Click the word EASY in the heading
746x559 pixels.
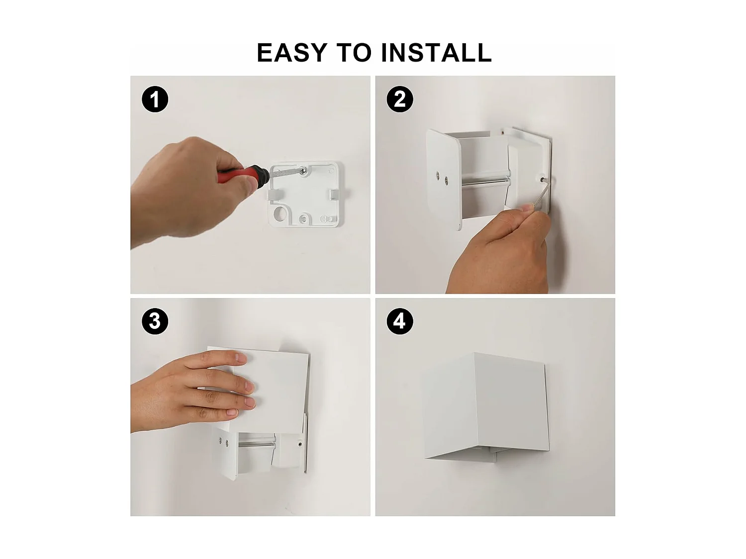tap(292, 53)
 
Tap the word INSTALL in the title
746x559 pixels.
tap(436, 53)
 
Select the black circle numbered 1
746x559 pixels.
tap(155, 99)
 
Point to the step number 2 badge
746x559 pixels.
tap(399, 99)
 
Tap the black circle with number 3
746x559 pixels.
tap(155, 321)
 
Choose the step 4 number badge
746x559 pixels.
tap(399, 321)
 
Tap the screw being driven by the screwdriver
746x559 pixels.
tap(303, 170)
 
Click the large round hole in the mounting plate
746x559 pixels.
tap(280, 215)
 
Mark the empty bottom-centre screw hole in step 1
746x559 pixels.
tap(303, 218)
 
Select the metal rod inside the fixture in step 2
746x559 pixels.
tap(485, 180)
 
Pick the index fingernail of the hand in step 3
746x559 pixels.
tap(241, 357)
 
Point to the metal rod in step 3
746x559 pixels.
tap(256, 441)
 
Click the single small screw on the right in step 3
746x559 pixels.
tap(300, 444)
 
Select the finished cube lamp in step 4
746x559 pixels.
tap(485, 405)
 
